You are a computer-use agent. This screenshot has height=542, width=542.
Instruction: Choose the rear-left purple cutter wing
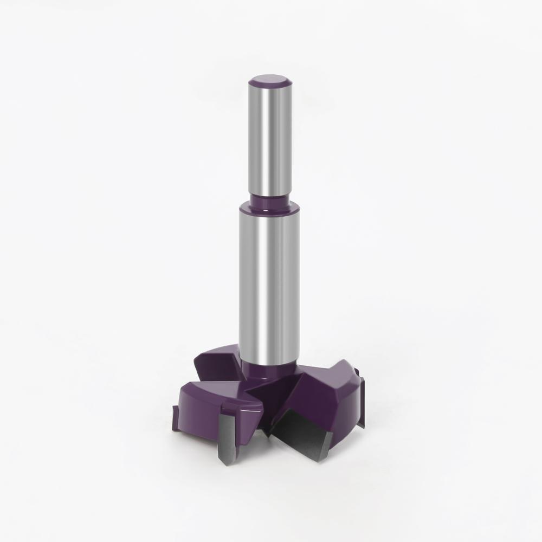click(217, 360)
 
